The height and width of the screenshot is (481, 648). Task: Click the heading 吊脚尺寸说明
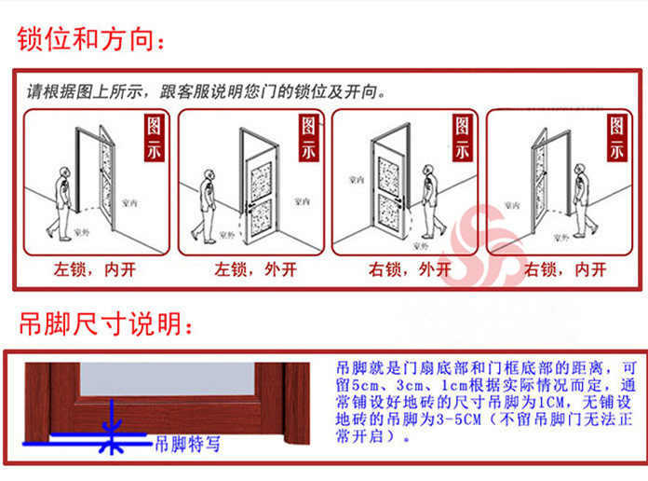point(108,324)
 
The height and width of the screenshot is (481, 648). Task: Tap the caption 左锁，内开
point(95,270)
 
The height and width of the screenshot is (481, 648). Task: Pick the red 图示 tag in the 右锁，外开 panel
point(462,139)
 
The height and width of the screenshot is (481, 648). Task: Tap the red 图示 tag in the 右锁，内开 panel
point(615,139)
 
